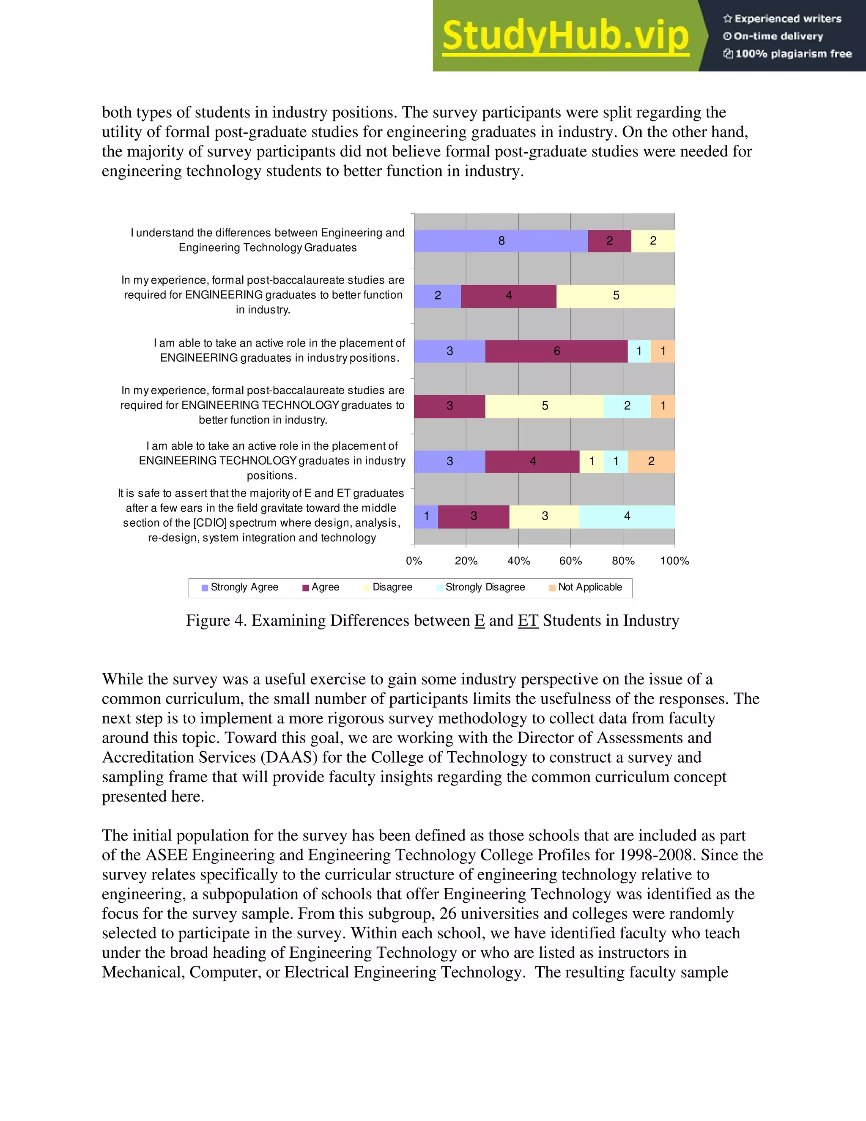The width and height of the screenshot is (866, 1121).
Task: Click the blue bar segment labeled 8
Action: click(x=501, y=241)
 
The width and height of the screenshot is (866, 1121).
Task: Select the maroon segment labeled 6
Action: click(x=556, y=351)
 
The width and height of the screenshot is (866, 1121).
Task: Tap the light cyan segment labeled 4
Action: click(x=627, y=517)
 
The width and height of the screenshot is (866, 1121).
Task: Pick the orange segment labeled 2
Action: click(x=651, y=462)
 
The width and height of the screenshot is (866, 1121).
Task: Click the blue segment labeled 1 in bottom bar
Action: click(x=426, y=517)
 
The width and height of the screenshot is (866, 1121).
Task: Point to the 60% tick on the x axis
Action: click(x=570, y=561)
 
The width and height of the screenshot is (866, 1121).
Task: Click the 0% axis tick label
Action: click(x=414, y=561)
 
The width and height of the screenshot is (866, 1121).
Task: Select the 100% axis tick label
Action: click(x=674, y=561)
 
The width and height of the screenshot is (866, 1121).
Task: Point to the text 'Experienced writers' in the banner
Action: click(x=787, y=19)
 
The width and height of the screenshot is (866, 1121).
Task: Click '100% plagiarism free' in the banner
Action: click(x=793, y=54)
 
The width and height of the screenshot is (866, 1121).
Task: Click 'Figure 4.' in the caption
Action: click(x=216, y=621)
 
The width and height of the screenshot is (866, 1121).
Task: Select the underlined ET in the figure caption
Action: click(x=528, y=621)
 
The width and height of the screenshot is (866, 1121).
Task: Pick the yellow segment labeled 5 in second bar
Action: click(x=616, y=296)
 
